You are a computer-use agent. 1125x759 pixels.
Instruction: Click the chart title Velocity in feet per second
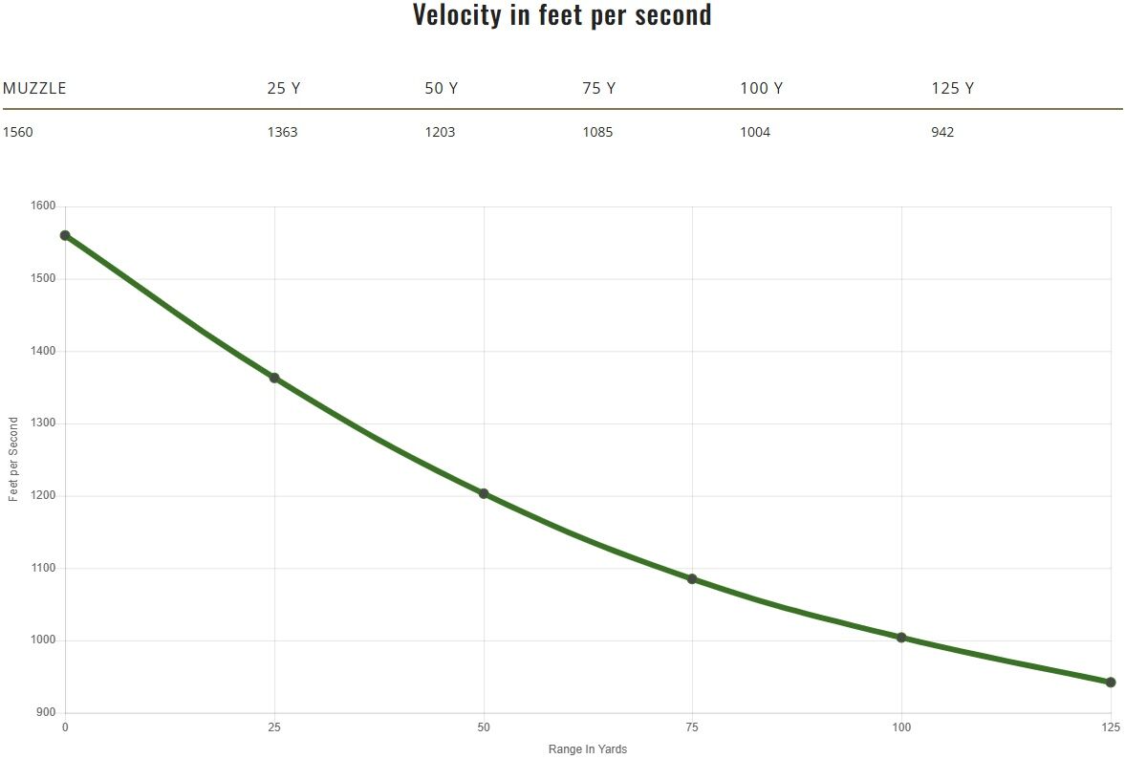562,15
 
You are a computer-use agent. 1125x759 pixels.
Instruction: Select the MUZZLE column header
34,89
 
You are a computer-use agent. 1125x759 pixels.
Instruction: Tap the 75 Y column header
598,89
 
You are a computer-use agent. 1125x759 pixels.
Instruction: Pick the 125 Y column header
952,89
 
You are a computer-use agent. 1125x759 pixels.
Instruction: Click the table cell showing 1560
18,132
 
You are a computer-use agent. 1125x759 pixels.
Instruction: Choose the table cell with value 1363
282,132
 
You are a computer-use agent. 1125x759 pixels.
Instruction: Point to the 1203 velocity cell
440,132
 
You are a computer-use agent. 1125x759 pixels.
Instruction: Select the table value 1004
755,132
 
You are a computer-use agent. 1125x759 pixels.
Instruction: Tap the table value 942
942,132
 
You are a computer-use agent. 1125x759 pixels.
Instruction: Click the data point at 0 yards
65,235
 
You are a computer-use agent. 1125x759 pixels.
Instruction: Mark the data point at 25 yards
274,378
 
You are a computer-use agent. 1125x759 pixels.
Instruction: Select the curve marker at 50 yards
484,493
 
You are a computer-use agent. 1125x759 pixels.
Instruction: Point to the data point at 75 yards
692,578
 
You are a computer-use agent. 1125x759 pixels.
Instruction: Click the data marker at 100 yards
901,638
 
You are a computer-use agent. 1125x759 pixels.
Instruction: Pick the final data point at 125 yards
1111,683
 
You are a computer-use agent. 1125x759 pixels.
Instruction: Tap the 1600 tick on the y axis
44,206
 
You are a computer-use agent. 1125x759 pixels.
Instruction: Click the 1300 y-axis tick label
44,423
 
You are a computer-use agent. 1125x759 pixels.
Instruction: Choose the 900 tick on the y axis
47,713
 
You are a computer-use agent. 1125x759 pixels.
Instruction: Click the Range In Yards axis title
588,749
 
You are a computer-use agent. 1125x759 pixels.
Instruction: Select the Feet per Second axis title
13,460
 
